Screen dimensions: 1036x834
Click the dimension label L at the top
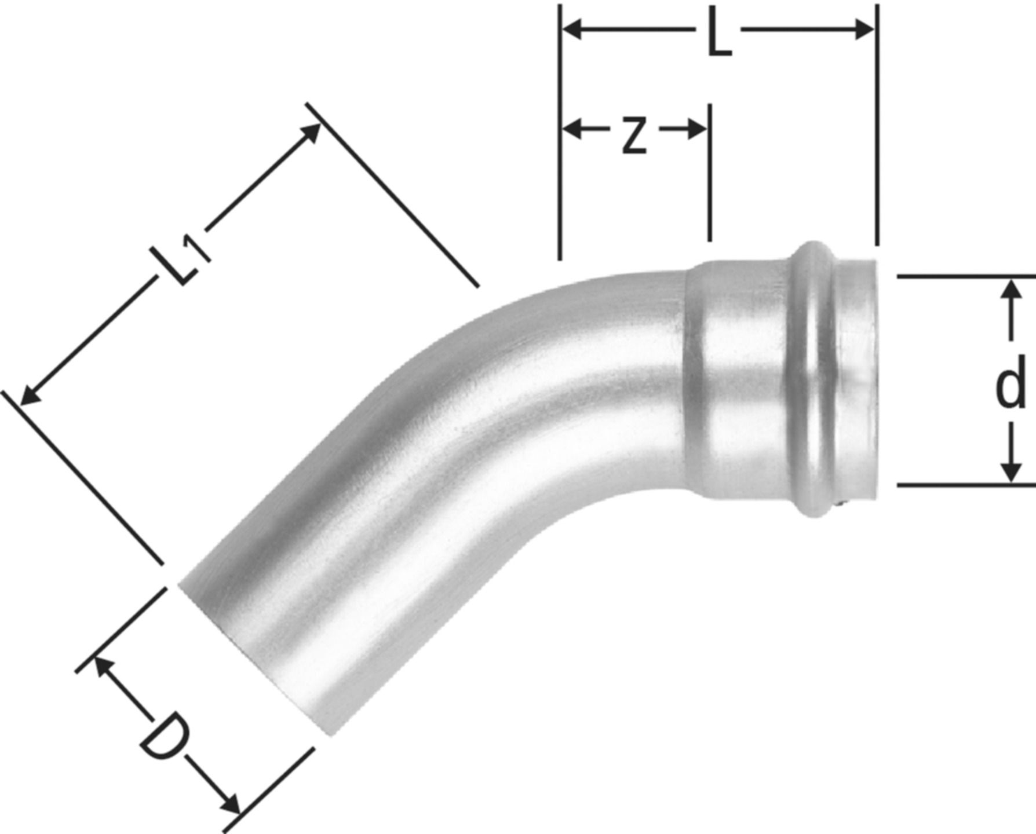coord(719,36)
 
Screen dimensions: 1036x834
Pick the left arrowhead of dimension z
coord(572,129)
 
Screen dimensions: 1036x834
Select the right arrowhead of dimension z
coord(696,129)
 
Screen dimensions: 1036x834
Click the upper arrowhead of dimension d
coord(1011,288)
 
